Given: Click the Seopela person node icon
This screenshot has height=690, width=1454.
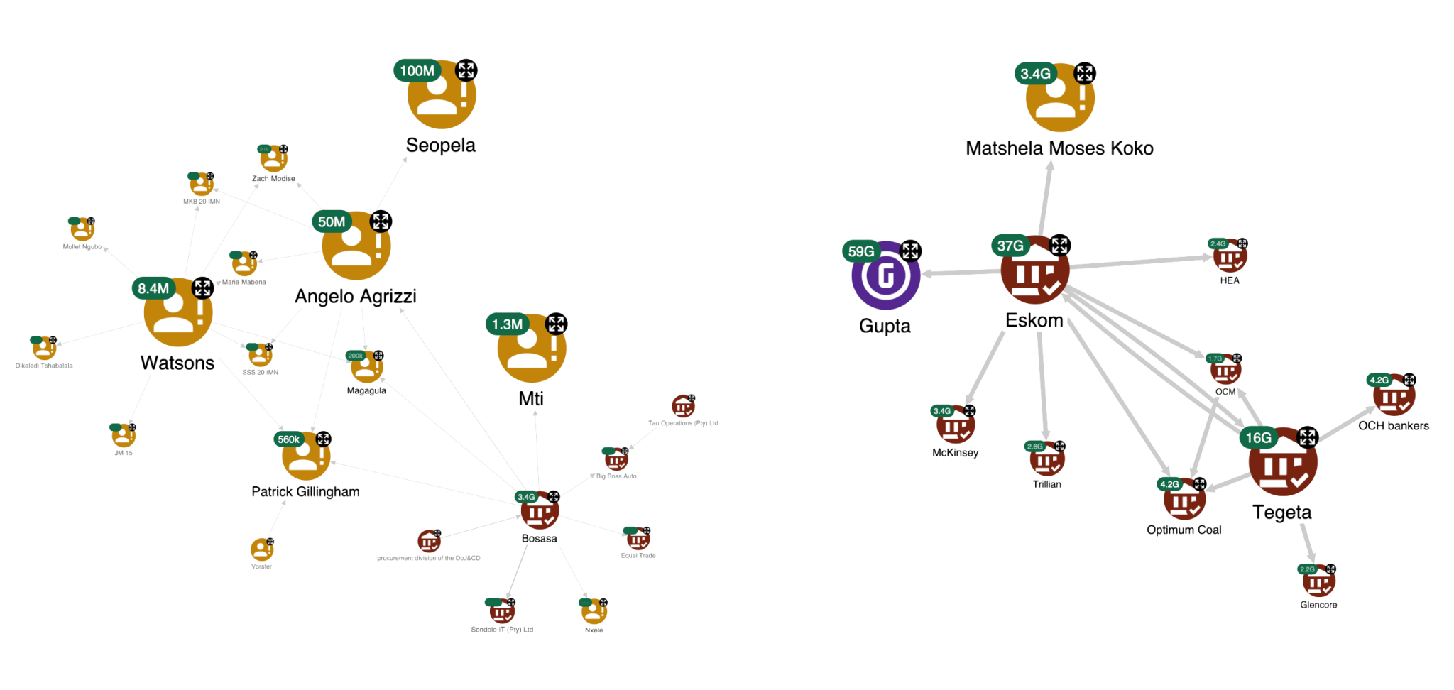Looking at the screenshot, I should [442, 96].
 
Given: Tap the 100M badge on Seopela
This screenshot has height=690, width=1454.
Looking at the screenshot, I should [417, 70].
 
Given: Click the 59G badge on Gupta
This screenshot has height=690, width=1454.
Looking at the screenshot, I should [861, 251].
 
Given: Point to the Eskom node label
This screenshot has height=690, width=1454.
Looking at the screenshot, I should [1034, 321].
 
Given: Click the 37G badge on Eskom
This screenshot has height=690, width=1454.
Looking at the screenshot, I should [1010, 246].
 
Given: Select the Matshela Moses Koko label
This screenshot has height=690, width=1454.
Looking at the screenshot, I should [1059, 148].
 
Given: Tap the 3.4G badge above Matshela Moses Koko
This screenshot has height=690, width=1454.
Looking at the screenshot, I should [1035, 73].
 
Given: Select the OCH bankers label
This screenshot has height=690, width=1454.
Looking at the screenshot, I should [1393, 426].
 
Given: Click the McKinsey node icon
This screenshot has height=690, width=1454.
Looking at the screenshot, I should [956, 426].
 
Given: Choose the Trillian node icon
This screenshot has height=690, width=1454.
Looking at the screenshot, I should [1047, 460].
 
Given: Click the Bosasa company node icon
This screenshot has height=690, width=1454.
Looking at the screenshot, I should [540, 510].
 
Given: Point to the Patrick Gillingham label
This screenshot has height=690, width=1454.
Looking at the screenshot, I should [305, 491].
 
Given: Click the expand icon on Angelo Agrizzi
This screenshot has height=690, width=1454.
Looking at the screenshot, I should [381, 220].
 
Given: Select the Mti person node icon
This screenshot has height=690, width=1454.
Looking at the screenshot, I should [532, 349].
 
